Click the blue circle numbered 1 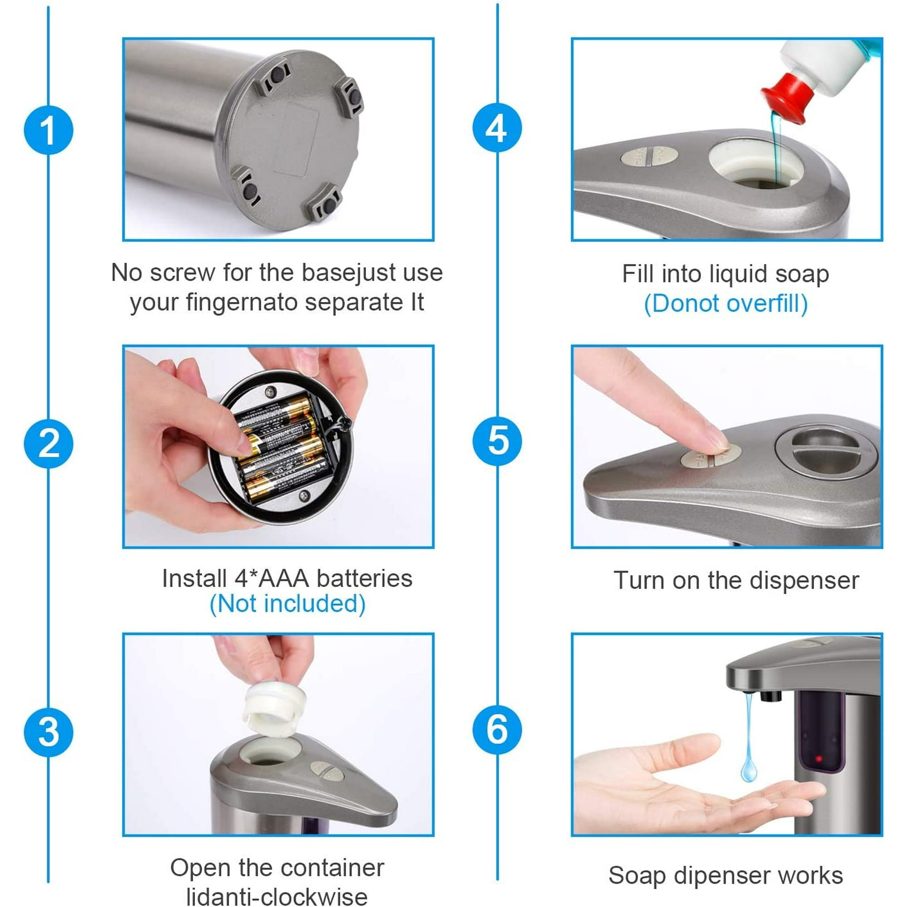pyautogui.click(x=49, y=130)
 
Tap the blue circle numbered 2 pyautogui.click(x=49, y=443)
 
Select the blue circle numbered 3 pyautogui.click(x=49, y=732)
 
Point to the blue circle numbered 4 pyautogui.click(x=497, y=128)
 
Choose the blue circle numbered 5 pyautogui.click(x=497, y=441)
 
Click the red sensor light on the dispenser pyautogui.click(x=819, y=759)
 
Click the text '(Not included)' pyautogui.click(x=288, y=604)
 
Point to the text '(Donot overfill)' pyautogui.click(x=726, y=303)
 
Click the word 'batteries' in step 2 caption pyautogui.click(x=364, y=578)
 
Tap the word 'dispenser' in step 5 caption pyautogui.click(x=804, y=581)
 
